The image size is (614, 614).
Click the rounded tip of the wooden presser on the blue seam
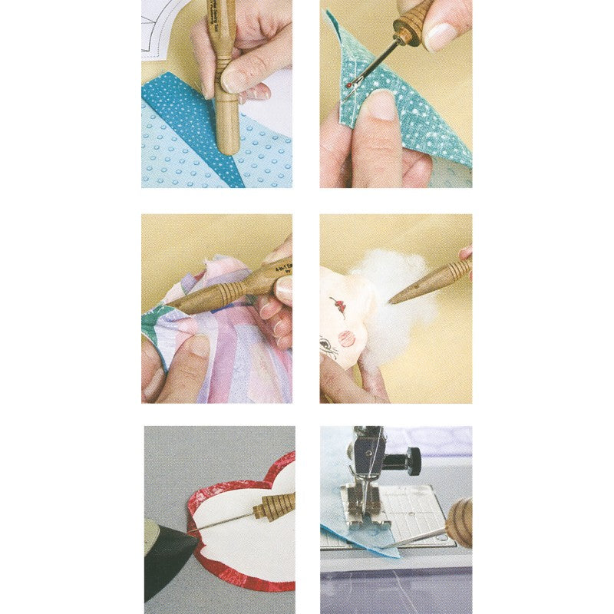[226, 146]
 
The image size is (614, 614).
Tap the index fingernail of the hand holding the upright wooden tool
[235, 79]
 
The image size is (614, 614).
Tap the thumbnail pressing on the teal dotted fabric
[381, 105]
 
